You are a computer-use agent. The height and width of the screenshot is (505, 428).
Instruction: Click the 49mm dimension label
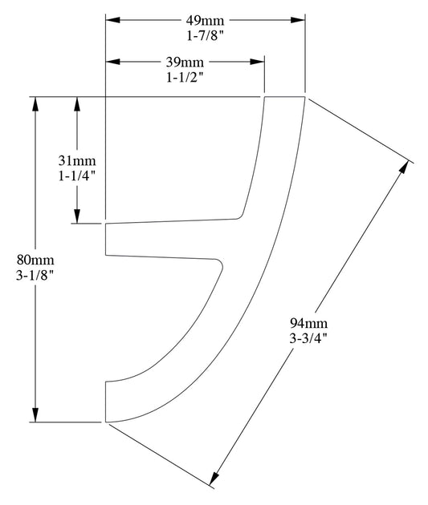point(206,19)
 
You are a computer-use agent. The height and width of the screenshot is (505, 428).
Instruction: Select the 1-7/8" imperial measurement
point(206,34)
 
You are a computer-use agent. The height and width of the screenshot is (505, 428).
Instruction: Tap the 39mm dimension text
point(185,62)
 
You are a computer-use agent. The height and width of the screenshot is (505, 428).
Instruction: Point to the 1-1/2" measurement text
point(185,77)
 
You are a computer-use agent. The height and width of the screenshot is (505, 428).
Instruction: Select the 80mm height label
point(35,260)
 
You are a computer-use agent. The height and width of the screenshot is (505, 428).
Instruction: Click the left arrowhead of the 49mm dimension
point(112,19)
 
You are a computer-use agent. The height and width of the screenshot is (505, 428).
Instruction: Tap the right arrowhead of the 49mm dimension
point(300,19)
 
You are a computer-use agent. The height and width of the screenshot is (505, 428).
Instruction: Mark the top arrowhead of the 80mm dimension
point(35,104)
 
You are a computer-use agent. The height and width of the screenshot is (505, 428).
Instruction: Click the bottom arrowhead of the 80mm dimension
point(35,414)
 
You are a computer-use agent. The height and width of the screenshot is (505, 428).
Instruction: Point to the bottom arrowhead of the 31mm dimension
point(77,217)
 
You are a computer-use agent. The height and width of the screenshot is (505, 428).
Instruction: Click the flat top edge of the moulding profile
point(285,97)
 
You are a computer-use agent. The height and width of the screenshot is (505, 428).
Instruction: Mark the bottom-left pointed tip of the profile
point(107,421)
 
